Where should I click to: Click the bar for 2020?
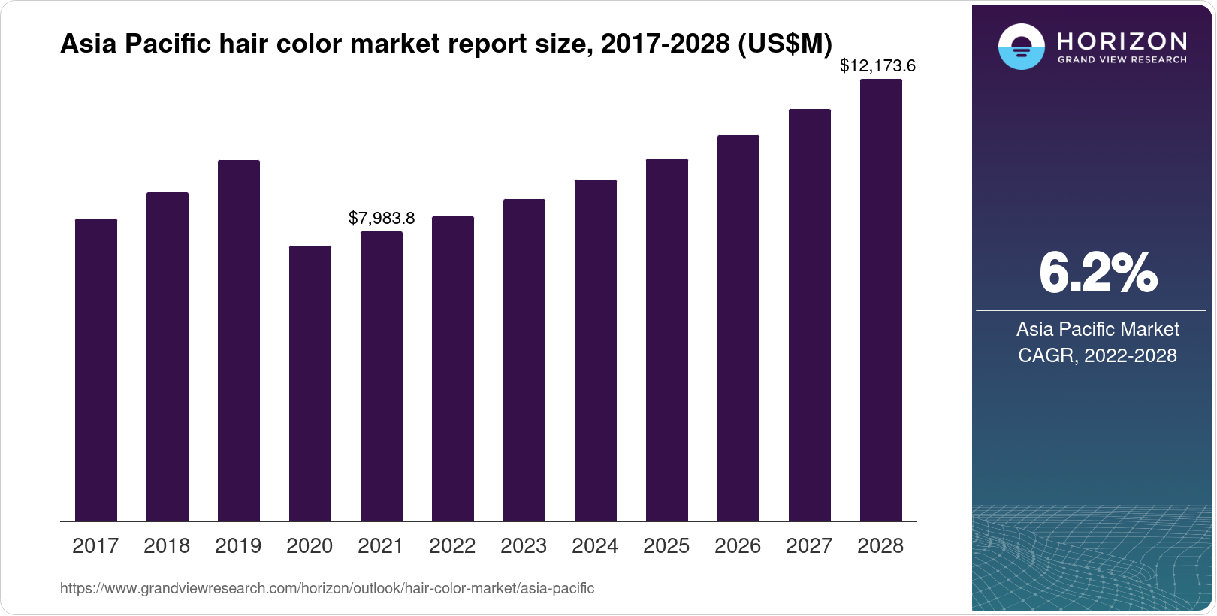[x=310, y=383]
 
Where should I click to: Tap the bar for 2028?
[x=881, y=300]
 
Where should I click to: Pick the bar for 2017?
[x=96, y=370]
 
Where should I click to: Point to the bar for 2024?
[x=596, y=350]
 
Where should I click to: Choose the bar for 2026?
[x=738, y=328]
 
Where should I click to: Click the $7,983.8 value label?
[x=382, y=219]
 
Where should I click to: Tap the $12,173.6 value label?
[x=877, y=66]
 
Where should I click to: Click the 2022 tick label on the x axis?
[x=452, y=546]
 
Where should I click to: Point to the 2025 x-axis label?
[x=666, y=546]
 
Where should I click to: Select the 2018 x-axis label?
[x=167, y=546]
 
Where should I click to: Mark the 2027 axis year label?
[x=809, y=546]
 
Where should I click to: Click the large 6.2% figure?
[x=1098, y=273]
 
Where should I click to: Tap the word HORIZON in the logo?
[x=1122, y=41]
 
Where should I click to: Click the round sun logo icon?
[x=1021, y=47]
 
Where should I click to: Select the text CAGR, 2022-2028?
[x=1098, y=355]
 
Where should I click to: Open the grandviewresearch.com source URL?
[x=327, y=589]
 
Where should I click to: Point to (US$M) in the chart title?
[x=784, y=44]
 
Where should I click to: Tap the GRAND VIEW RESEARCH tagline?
[x=1122, y=59]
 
